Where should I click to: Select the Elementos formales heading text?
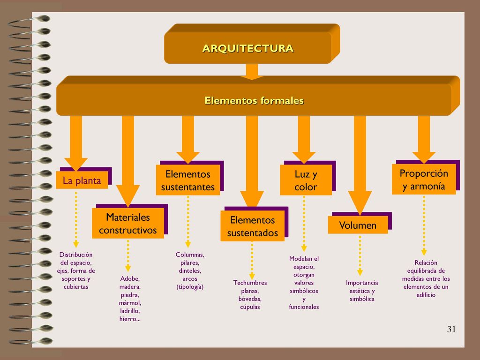tap(254, 100)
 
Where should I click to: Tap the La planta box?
tap(82, 180)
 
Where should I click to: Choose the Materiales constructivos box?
tap(127, 223)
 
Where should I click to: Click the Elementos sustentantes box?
tap(187, 180)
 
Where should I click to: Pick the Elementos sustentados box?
tap(252, 226)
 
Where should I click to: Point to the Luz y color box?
tap(306, 180)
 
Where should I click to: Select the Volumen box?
tap(358, 225)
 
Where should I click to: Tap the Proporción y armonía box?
tap(424, 180)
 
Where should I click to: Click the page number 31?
tap(451, 329)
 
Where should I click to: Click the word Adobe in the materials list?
tap(130, 278)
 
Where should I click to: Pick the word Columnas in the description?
tap(190, 255)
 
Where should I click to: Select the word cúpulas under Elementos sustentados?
tap(250, 307)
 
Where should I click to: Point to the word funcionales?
tap(304, 307)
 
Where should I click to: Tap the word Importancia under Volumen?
tap(362, 283)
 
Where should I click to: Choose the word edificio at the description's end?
tap(426, 295)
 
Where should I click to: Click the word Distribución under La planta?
tap(76, 255)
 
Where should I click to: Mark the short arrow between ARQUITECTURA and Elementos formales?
tap(252, 72)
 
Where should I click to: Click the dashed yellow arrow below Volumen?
tap(360, 255)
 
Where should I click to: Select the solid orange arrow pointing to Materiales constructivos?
tap(128, 161)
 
